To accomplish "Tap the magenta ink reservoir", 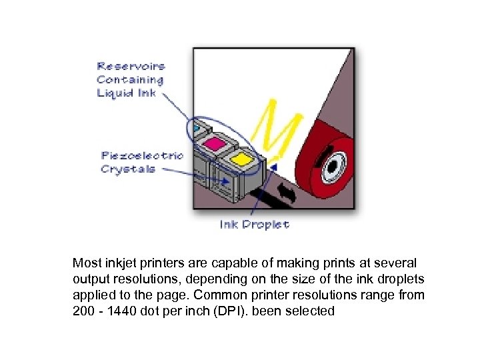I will click(215, 143).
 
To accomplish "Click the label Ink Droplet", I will click(255, 225).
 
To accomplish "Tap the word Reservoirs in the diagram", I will click(131, 66).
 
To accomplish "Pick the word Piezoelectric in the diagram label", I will click(142, 156).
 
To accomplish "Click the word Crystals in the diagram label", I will click(128, 169).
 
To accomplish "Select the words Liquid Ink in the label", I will click(126, 93).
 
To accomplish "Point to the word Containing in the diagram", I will click(130, 79).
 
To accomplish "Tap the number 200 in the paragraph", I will click(83, 311).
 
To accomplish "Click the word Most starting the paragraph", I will click(87, 263).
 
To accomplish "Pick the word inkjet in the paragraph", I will click(122, 263).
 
